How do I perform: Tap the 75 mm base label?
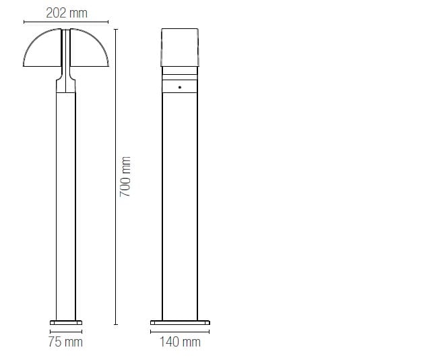coord(65,342)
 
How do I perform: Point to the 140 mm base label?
coord(180,342)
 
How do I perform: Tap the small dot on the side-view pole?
coord(180,87)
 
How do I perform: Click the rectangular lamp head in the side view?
coord(180,47)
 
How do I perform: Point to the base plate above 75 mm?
coord(65,322)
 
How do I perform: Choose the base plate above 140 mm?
coord(180,322)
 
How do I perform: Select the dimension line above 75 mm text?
coord(65,331)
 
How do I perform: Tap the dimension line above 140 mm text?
coord(180,331)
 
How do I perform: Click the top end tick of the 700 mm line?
coord(115,28)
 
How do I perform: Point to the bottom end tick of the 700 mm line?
coord(115,324)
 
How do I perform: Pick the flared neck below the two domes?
coord(65,84)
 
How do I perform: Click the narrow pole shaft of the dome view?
coord(65,202)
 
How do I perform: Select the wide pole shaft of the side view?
coord(180,202)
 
